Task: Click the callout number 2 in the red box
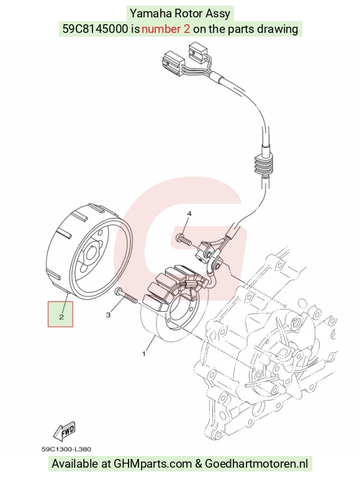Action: (61, 317)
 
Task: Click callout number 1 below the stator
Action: (144, 354)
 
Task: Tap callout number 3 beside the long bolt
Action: (108, 315)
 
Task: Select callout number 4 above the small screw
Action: (189, 214)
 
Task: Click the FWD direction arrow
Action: (64, 431)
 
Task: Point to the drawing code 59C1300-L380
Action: (66, 449)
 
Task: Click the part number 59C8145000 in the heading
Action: (95, 29)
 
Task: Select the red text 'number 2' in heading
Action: (166, 29)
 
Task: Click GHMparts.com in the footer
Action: (153, 463)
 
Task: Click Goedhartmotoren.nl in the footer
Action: (256, 463)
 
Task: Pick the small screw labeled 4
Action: (183, 239)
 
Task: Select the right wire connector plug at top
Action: (198, 51)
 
